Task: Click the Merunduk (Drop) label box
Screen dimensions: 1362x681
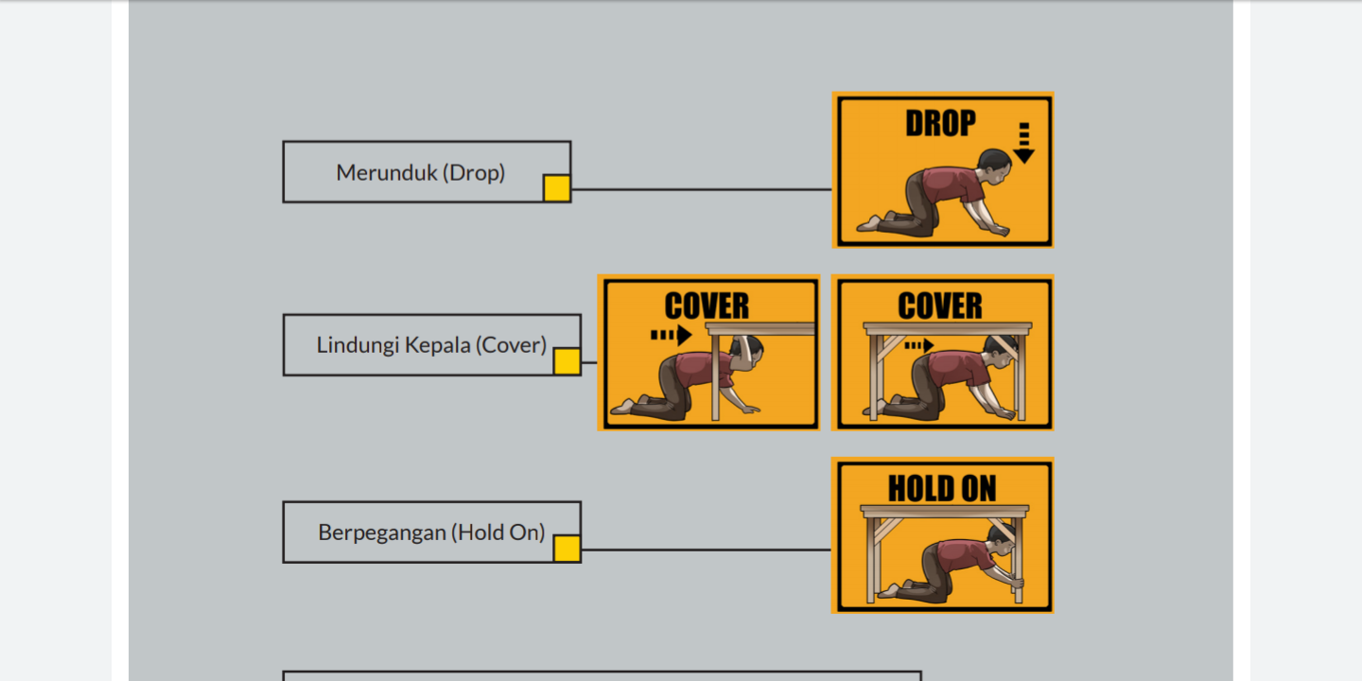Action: (x=427, y=172)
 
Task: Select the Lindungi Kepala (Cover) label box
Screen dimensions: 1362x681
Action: (x=431, y=344)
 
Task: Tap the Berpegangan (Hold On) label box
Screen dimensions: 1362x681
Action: (x=431, y=532)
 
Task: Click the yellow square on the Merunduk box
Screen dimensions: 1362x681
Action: (x=557, y=188)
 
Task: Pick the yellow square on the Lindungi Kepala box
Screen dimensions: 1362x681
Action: (x=567, y=361)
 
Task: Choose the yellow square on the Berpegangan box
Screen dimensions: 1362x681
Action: (x=567, y=549)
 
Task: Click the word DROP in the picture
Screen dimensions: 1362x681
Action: (x=940, y=123)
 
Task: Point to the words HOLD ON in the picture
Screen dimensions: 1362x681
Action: (x=942, y=489)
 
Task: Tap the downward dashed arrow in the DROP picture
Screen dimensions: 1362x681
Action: (x=1024, y=143)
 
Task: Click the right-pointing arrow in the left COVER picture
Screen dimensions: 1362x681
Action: (x=672, y=335)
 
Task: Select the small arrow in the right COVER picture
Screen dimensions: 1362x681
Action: (x=918, y=346)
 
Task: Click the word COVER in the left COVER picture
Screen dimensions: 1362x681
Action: (x=707, y=306)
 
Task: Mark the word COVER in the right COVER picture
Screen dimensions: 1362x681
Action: (x=940, y=306)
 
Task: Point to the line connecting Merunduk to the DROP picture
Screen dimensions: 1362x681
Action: (x=702, y=189)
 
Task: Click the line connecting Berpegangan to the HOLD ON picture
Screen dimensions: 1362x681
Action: (x=707, y=550)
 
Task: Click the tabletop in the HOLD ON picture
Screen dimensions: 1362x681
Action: (x=944, y=511)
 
